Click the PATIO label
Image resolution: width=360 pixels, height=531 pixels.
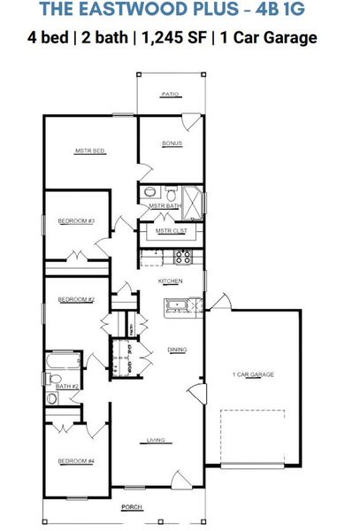[x=171, y=93]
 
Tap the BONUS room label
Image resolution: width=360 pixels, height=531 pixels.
[x=172, y=143]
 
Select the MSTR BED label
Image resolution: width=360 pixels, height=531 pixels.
[x=90, y=152]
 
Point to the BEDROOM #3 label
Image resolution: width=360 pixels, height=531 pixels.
[x=76, y=220]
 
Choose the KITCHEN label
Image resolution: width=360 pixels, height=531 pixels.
[x=170, y=281]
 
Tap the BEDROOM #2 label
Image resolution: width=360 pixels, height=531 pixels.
[x=76, y=300]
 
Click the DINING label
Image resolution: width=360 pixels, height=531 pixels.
[x=177, y=350]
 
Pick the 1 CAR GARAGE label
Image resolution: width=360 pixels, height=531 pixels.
[x=253, y=375]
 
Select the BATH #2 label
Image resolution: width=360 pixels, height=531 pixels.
[x=68, y=387]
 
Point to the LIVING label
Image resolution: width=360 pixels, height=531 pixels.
[x=157, y=439]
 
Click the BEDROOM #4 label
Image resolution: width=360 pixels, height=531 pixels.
[x=76, y=461]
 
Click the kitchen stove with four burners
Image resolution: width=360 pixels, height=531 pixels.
[x=183, y=257]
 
